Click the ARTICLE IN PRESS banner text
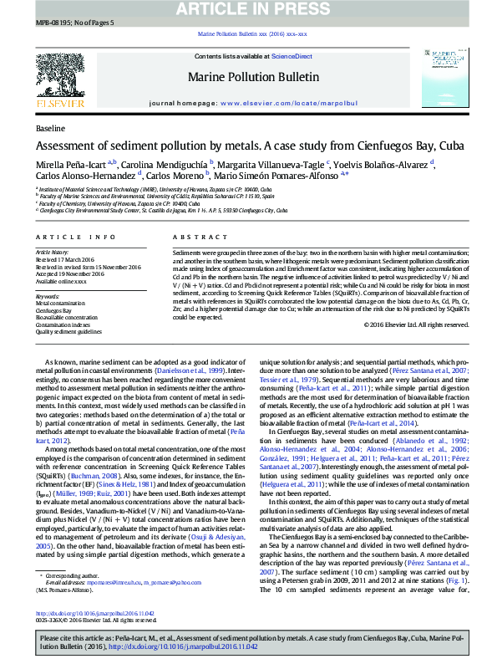248,9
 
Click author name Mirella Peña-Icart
70,164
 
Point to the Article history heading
52,252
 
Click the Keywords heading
48,296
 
